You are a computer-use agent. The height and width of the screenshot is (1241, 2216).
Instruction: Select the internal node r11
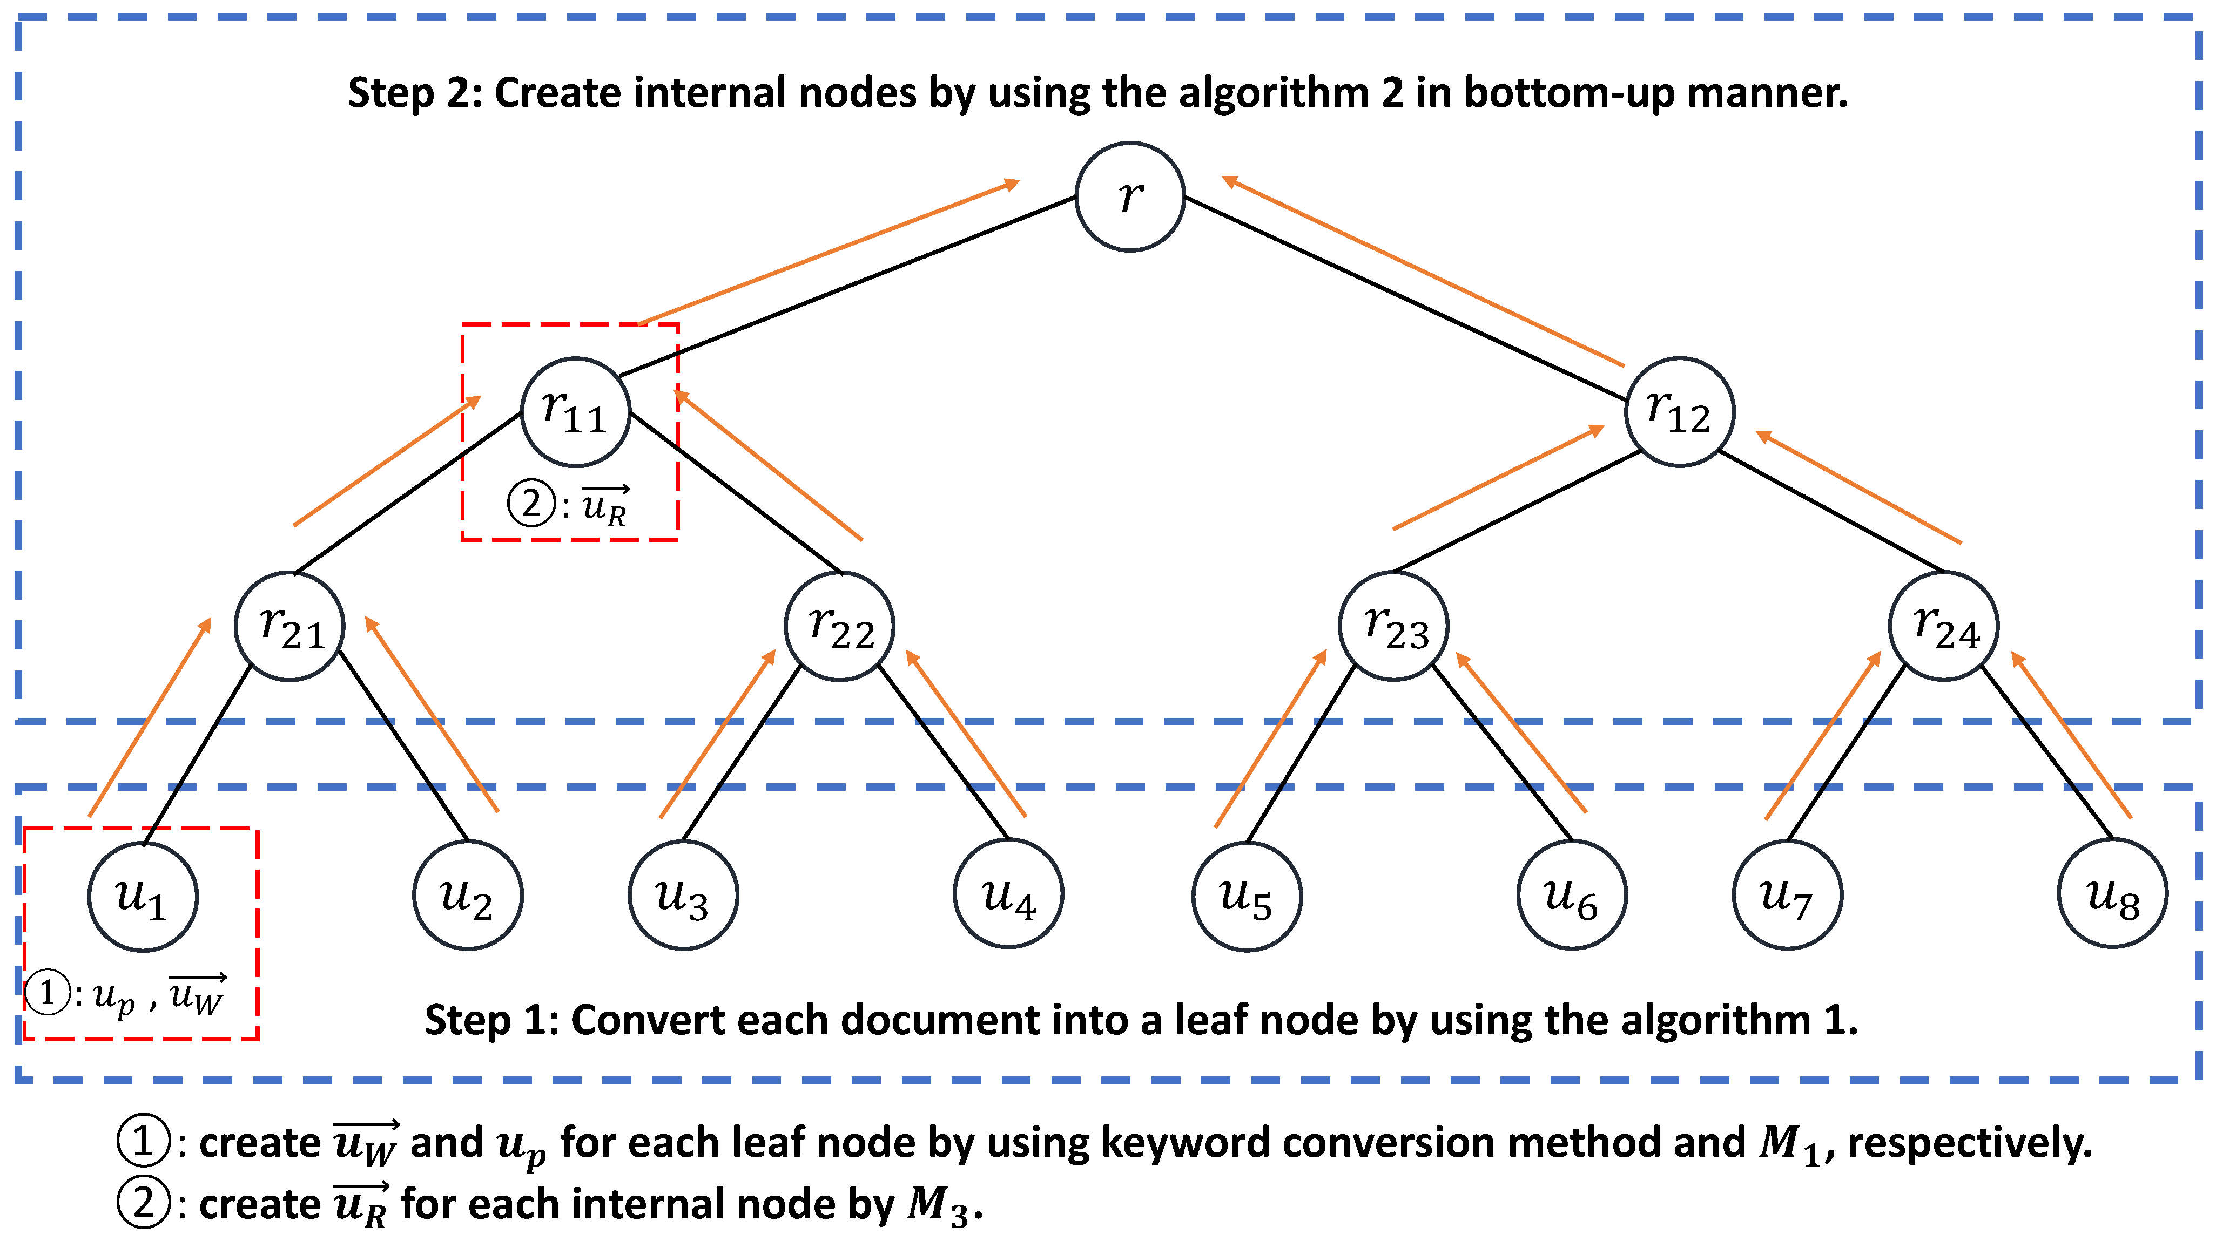pyautogui.click(x=576, y=412)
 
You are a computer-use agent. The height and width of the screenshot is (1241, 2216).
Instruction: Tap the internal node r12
pyautogui.click(x=1679, y=412)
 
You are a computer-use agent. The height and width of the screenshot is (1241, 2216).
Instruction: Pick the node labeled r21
pyautogui.click(x=290, y=626)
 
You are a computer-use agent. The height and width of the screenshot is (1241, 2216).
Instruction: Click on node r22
pyautogui.click(x=840, y=626)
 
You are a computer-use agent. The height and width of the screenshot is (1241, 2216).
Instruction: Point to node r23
pyautogui.click(x=1393, y=626)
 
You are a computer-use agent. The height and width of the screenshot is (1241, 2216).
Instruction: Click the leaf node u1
pyautogui.click(x=143, y=896)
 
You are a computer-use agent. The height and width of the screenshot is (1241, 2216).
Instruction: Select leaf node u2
pyautogui.click(x=468, y=896)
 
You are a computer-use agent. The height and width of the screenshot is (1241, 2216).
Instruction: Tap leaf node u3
pyautogui.click(x=683, y=896)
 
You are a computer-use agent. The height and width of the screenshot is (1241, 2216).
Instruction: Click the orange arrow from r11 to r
pyautogui.click(x=829, y=253)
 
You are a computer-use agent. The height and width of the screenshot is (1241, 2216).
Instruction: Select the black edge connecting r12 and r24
pyautogui.click(x=1830, y=511)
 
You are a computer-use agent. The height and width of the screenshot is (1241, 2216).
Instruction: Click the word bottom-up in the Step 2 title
pyautogui.click(x=1569, y=93)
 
